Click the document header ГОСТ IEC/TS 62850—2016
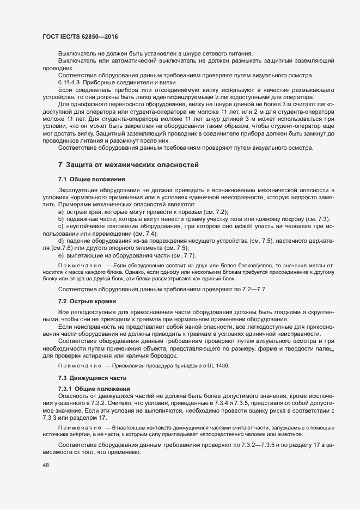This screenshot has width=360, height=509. (x=80, y=36)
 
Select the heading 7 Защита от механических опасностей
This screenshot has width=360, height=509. (x=128, y=164)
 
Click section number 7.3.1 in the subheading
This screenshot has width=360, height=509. (x=65, y=388)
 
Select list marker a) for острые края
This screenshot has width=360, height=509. (x=61, y=211)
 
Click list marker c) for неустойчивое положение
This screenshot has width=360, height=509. (x=61, y=225)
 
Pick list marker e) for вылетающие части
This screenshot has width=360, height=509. (x=61, y=255)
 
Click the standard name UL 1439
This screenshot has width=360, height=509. (x=217, y=365)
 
